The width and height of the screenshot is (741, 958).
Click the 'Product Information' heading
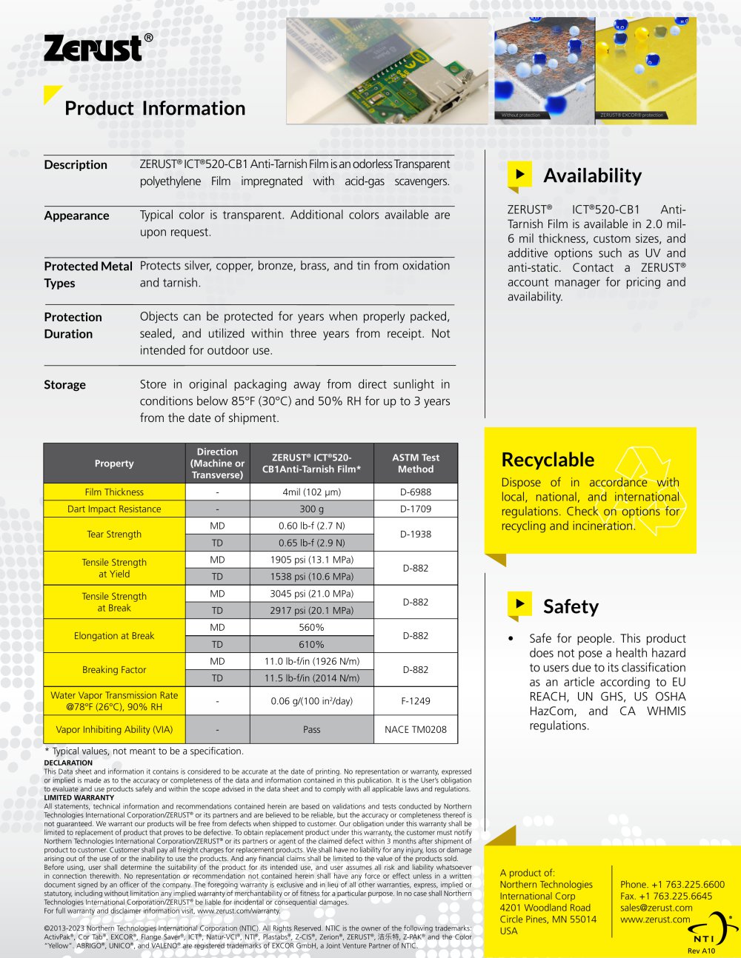[155, 108]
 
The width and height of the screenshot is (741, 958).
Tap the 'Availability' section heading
[592, 175]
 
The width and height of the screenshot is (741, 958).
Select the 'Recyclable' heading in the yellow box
[548, 460]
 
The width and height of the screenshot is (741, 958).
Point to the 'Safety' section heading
[571, 606]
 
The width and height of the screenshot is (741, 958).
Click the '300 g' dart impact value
[311, 509]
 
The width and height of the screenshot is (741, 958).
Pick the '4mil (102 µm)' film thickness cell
[311, 492]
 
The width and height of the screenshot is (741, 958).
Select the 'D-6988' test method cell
[416, 492]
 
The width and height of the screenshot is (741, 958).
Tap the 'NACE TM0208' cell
[416, 729]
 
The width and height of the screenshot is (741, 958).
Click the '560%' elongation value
[311, 627]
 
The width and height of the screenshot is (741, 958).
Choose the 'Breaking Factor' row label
[114, 670]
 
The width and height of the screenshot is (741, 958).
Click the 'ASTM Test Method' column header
[416, 463]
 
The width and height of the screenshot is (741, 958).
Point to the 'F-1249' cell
[416, 700]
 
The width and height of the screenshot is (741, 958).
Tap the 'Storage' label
[65, 385]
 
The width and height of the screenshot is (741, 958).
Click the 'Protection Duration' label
[73, 325]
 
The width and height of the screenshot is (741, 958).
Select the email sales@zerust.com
[656, 908]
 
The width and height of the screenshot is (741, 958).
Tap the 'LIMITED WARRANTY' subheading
[79, 797]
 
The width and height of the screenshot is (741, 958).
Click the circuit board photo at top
[387, 70]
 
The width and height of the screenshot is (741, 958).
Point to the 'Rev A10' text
[701, 951]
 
